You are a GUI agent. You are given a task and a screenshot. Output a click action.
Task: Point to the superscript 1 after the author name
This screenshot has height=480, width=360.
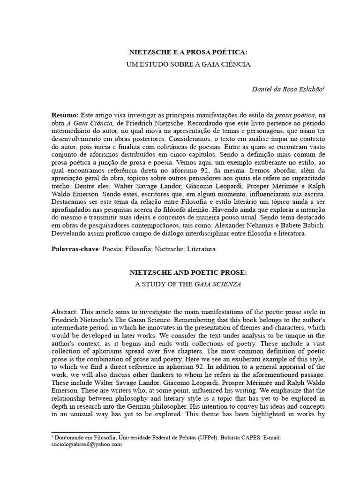[x=322, y=87]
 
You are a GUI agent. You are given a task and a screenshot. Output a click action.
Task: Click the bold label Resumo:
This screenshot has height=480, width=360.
[x=65, y=115]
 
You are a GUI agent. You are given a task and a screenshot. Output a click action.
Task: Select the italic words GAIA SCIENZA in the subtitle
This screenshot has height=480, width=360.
[x=221, y=284]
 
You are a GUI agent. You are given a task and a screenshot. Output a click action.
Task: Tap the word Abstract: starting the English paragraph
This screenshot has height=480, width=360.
[x=65, y=312]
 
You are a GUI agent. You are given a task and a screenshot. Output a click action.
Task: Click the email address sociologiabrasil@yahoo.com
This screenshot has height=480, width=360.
[x=86, y=445]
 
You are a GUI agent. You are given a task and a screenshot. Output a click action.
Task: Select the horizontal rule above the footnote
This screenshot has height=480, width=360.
[x=85, y=433]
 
